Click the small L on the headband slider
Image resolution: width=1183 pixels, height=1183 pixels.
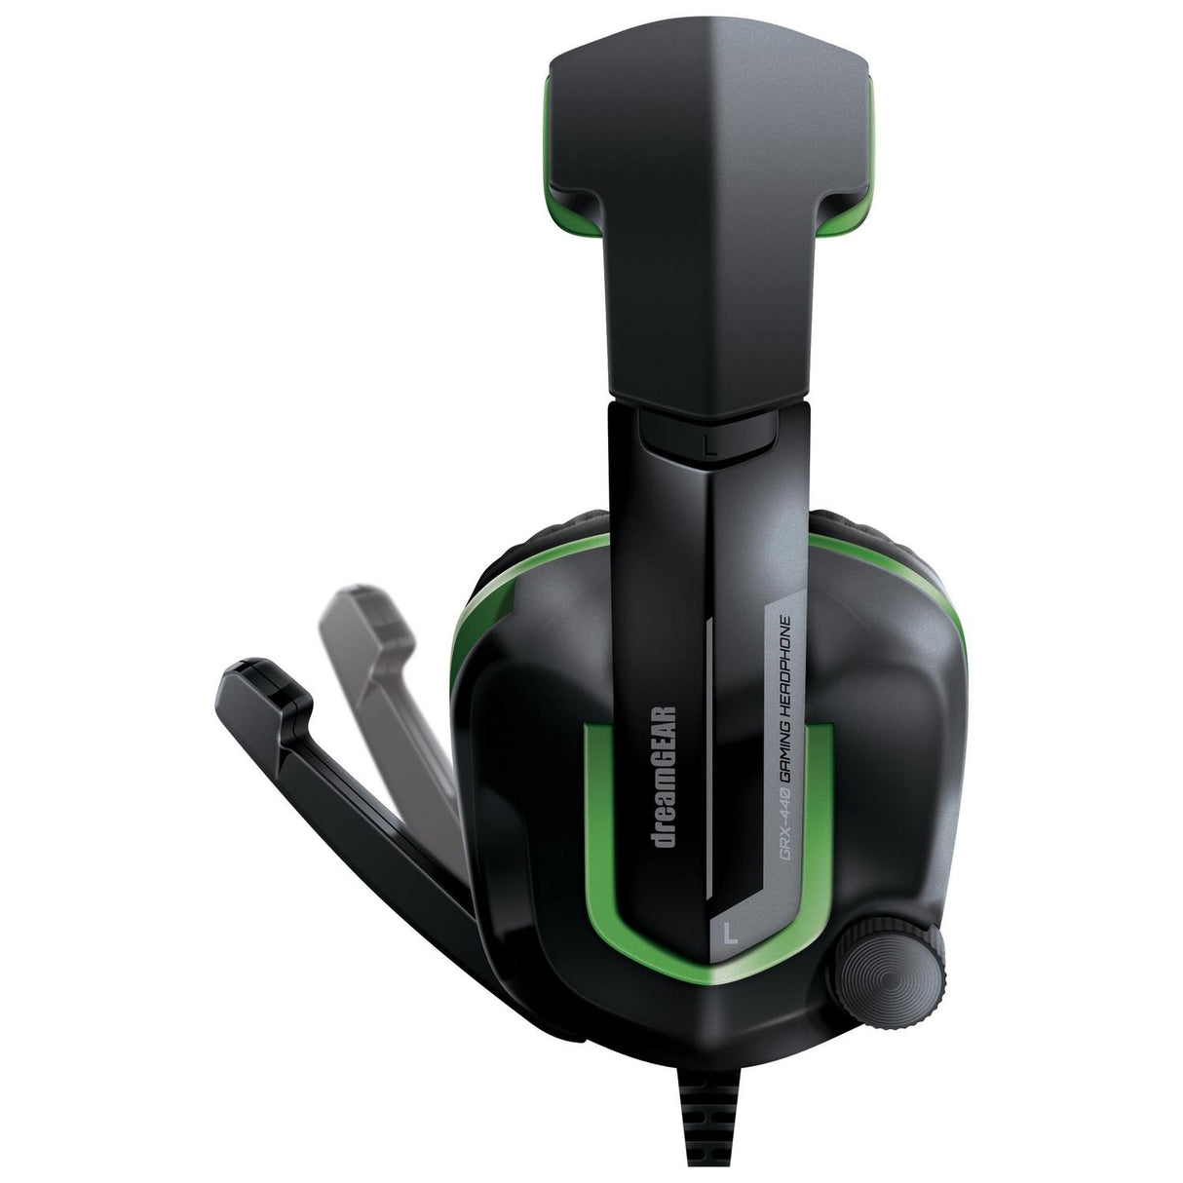click(711, 445)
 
